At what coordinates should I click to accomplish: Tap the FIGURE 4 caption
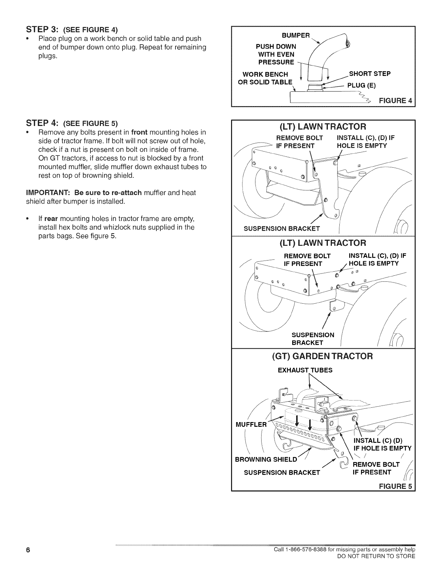pos(395,100)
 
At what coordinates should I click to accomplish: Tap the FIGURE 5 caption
pos(395,487)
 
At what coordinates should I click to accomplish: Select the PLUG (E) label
pos(361,86)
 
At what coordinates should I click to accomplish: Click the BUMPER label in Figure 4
pos(295,35)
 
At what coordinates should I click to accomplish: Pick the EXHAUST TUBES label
pos(305,370)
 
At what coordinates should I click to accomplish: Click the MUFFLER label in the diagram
pos(251,424)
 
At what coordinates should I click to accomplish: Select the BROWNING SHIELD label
pos(266,460)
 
